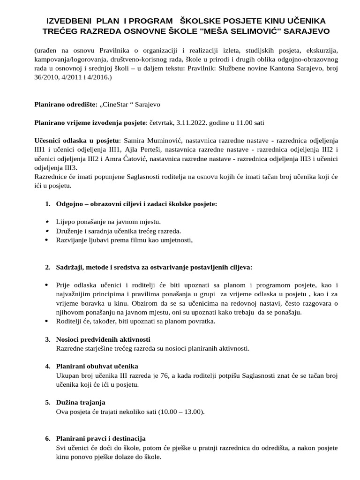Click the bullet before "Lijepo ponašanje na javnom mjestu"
[47, 222]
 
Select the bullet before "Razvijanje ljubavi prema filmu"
[47, 240]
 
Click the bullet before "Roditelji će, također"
[47, 321]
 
